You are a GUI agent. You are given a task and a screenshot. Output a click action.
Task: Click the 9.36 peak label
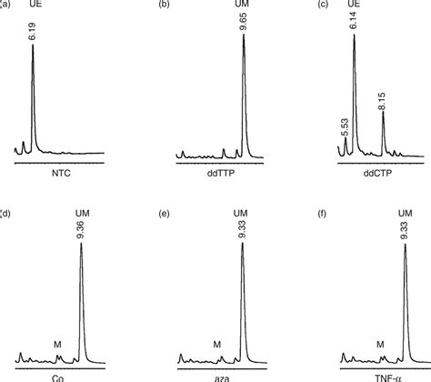82,230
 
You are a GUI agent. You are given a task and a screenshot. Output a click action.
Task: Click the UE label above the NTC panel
33,6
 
